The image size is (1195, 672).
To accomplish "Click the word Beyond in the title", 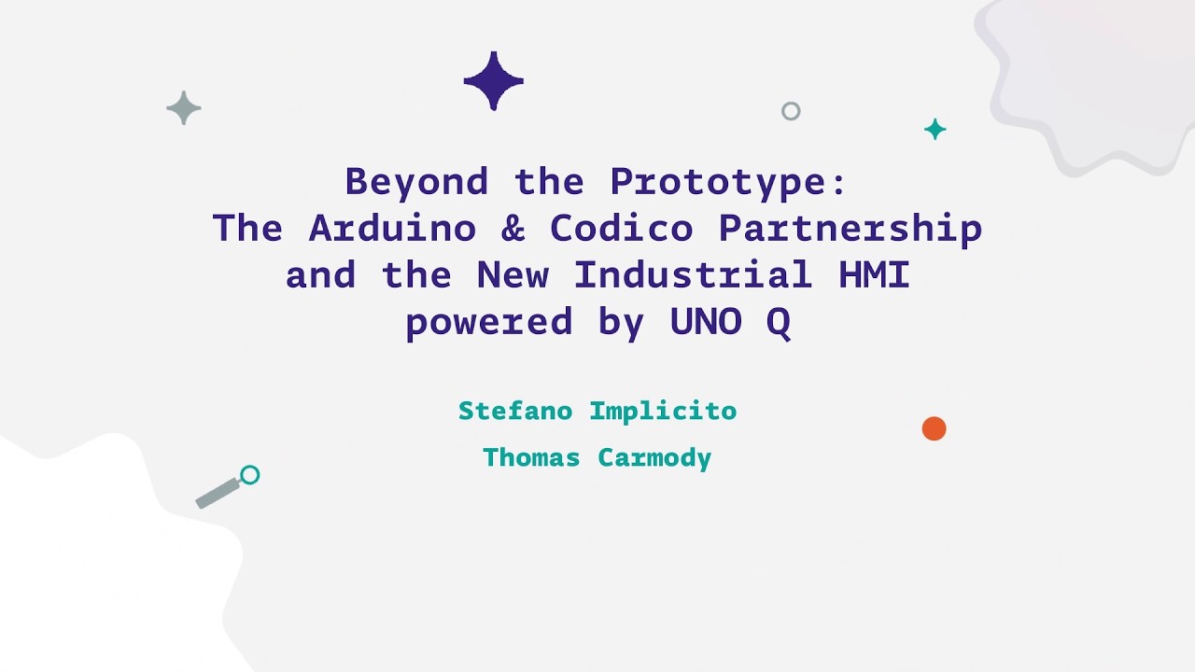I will pos(416,182).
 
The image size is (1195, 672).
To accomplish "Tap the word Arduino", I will pos(392,229).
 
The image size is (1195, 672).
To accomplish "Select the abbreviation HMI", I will pos(874,275).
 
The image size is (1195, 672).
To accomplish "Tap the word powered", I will pos(488,323).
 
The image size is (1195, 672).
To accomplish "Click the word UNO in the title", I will pos(705,322).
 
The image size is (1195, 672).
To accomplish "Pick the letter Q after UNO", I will pos(779,323).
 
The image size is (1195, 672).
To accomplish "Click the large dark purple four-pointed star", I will pos(494,81).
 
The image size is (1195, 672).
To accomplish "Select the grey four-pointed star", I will pos(184,108).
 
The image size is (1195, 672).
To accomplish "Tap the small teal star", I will pos(935,130).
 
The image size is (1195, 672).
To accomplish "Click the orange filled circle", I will pos(934,428).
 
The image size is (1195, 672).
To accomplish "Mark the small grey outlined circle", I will pos(791,111).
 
